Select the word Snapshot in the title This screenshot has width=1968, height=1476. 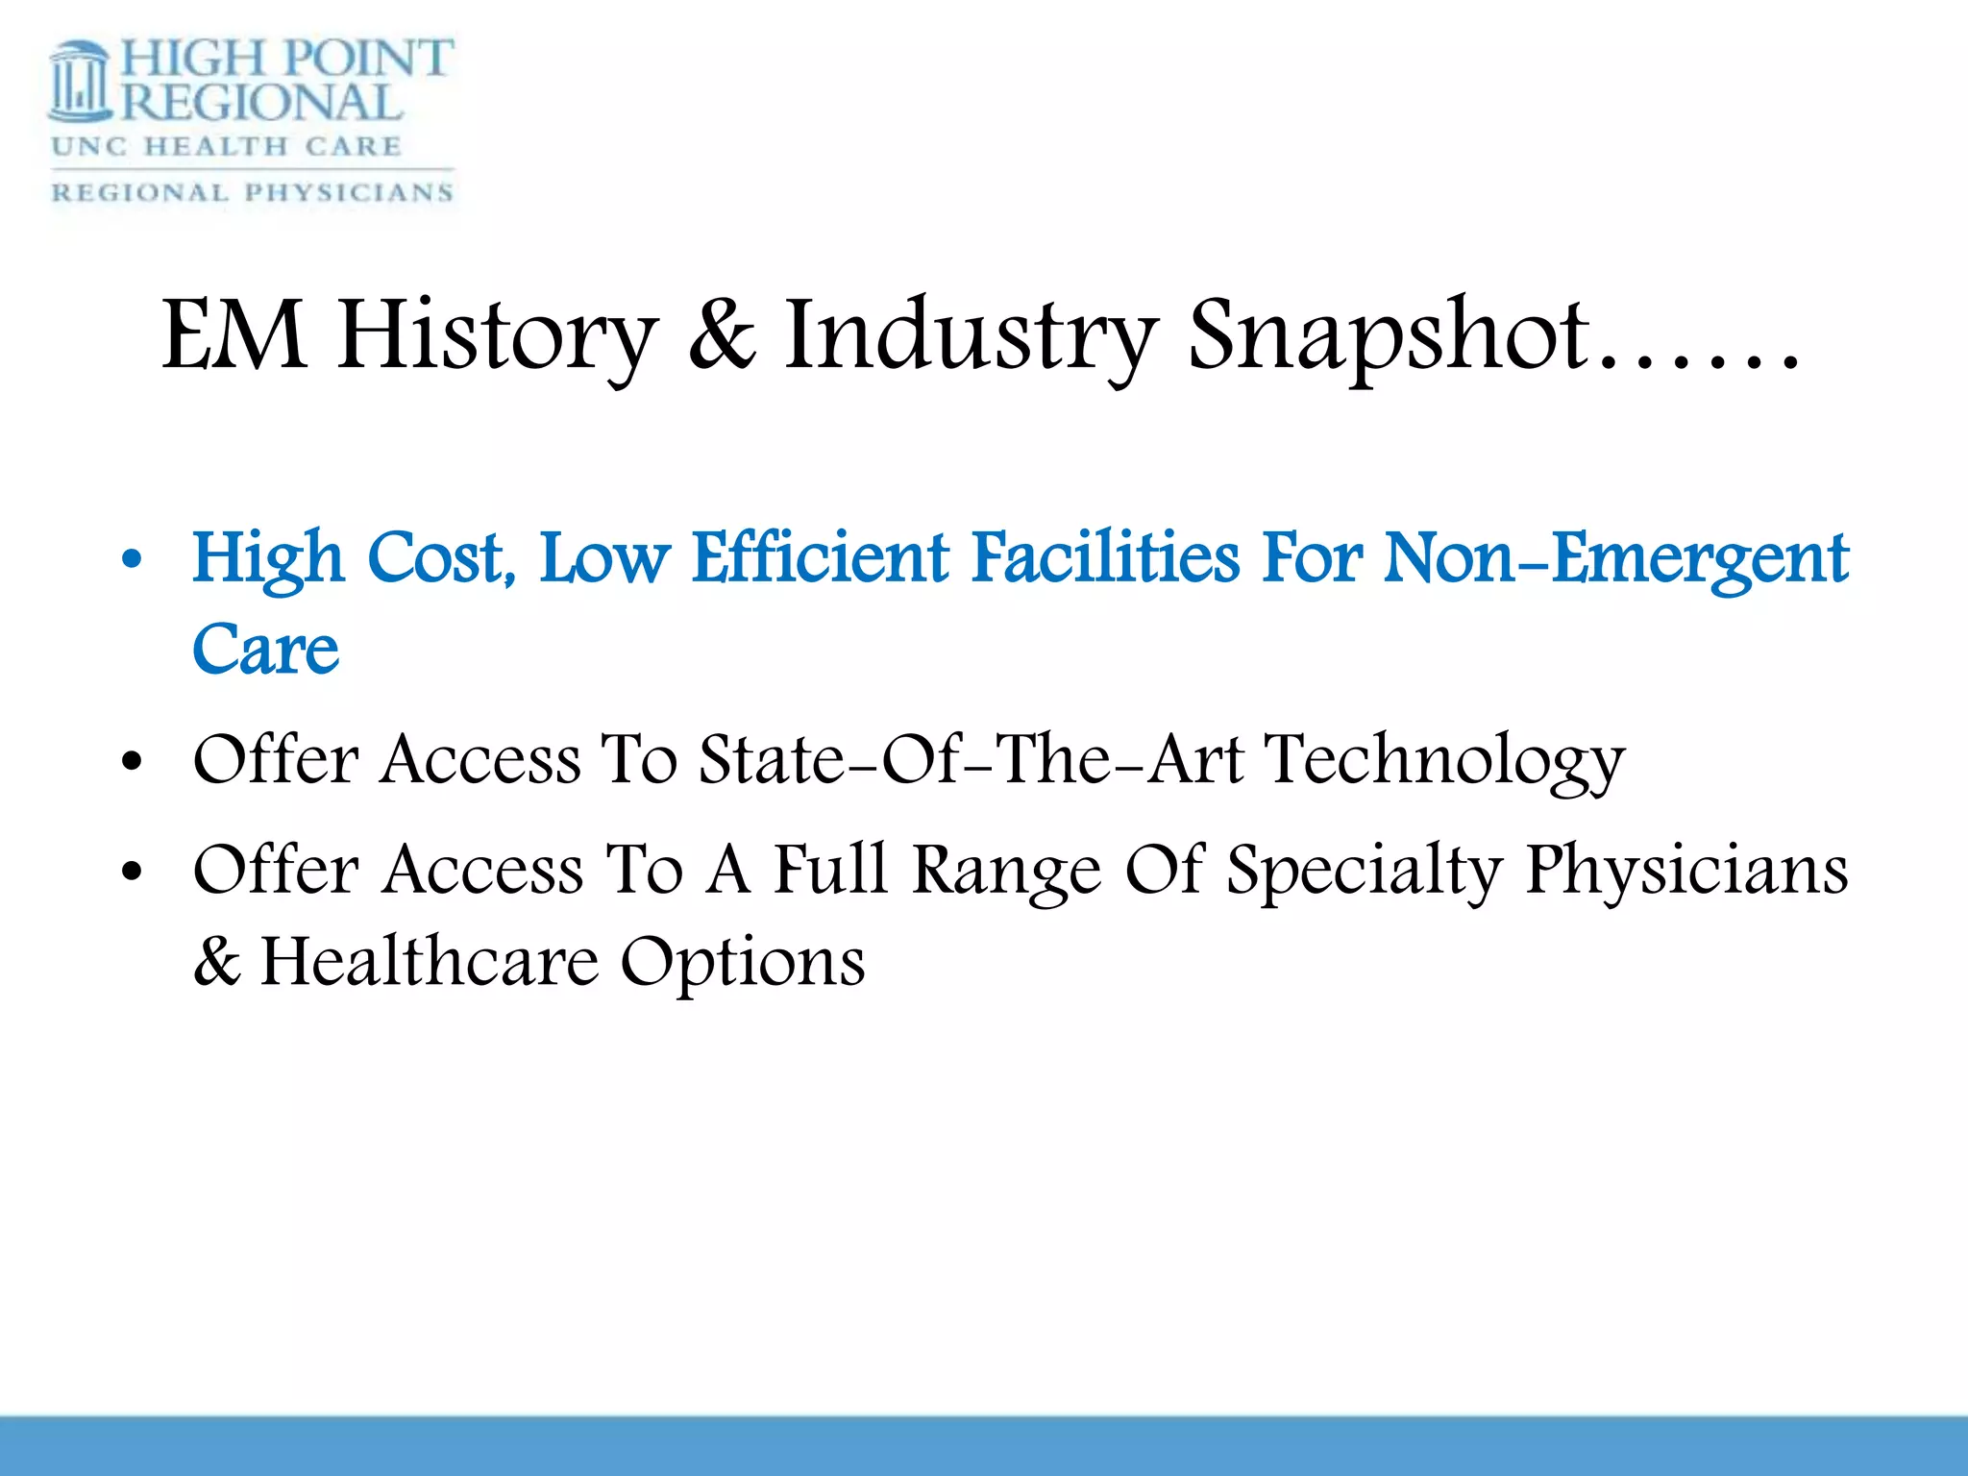tap(1388, 336)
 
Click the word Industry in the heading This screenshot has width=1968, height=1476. tap(970, 336)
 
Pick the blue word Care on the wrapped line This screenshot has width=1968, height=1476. tap(265, 650)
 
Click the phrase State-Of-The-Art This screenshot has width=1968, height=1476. tap(971, 759)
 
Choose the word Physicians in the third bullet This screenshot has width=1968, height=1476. tap(1686, 871)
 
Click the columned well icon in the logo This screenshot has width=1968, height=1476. tap(81, 83)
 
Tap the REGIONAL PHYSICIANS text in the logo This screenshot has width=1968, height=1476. tap(252, 193)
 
